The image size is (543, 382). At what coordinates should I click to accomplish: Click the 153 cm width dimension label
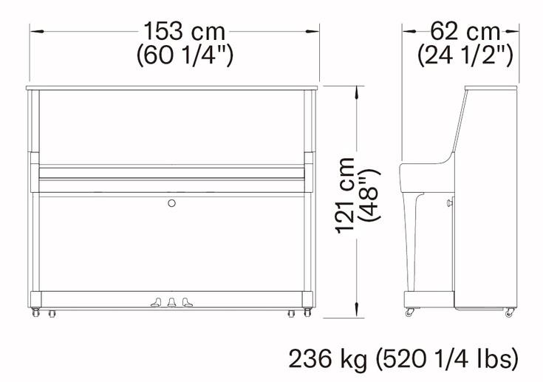[x=184, y=31]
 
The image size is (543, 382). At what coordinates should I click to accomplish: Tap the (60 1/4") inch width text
[x=185, y=55]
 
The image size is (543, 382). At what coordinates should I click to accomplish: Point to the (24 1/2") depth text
[x=465, y=55]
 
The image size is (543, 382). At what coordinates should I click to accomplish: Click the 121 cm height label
[x=345, y=195]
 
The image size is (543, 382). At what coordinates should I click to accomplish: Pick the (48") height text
[x=369, y=195]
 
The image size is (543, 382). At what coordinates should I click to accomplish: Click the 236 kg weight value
[x=327, y=359]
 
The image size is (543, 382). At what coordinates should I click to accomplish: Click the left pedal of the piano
[x=156, y=302]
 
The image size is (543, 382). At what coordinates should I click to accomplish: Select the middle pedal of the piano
[x=171, y=302]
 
